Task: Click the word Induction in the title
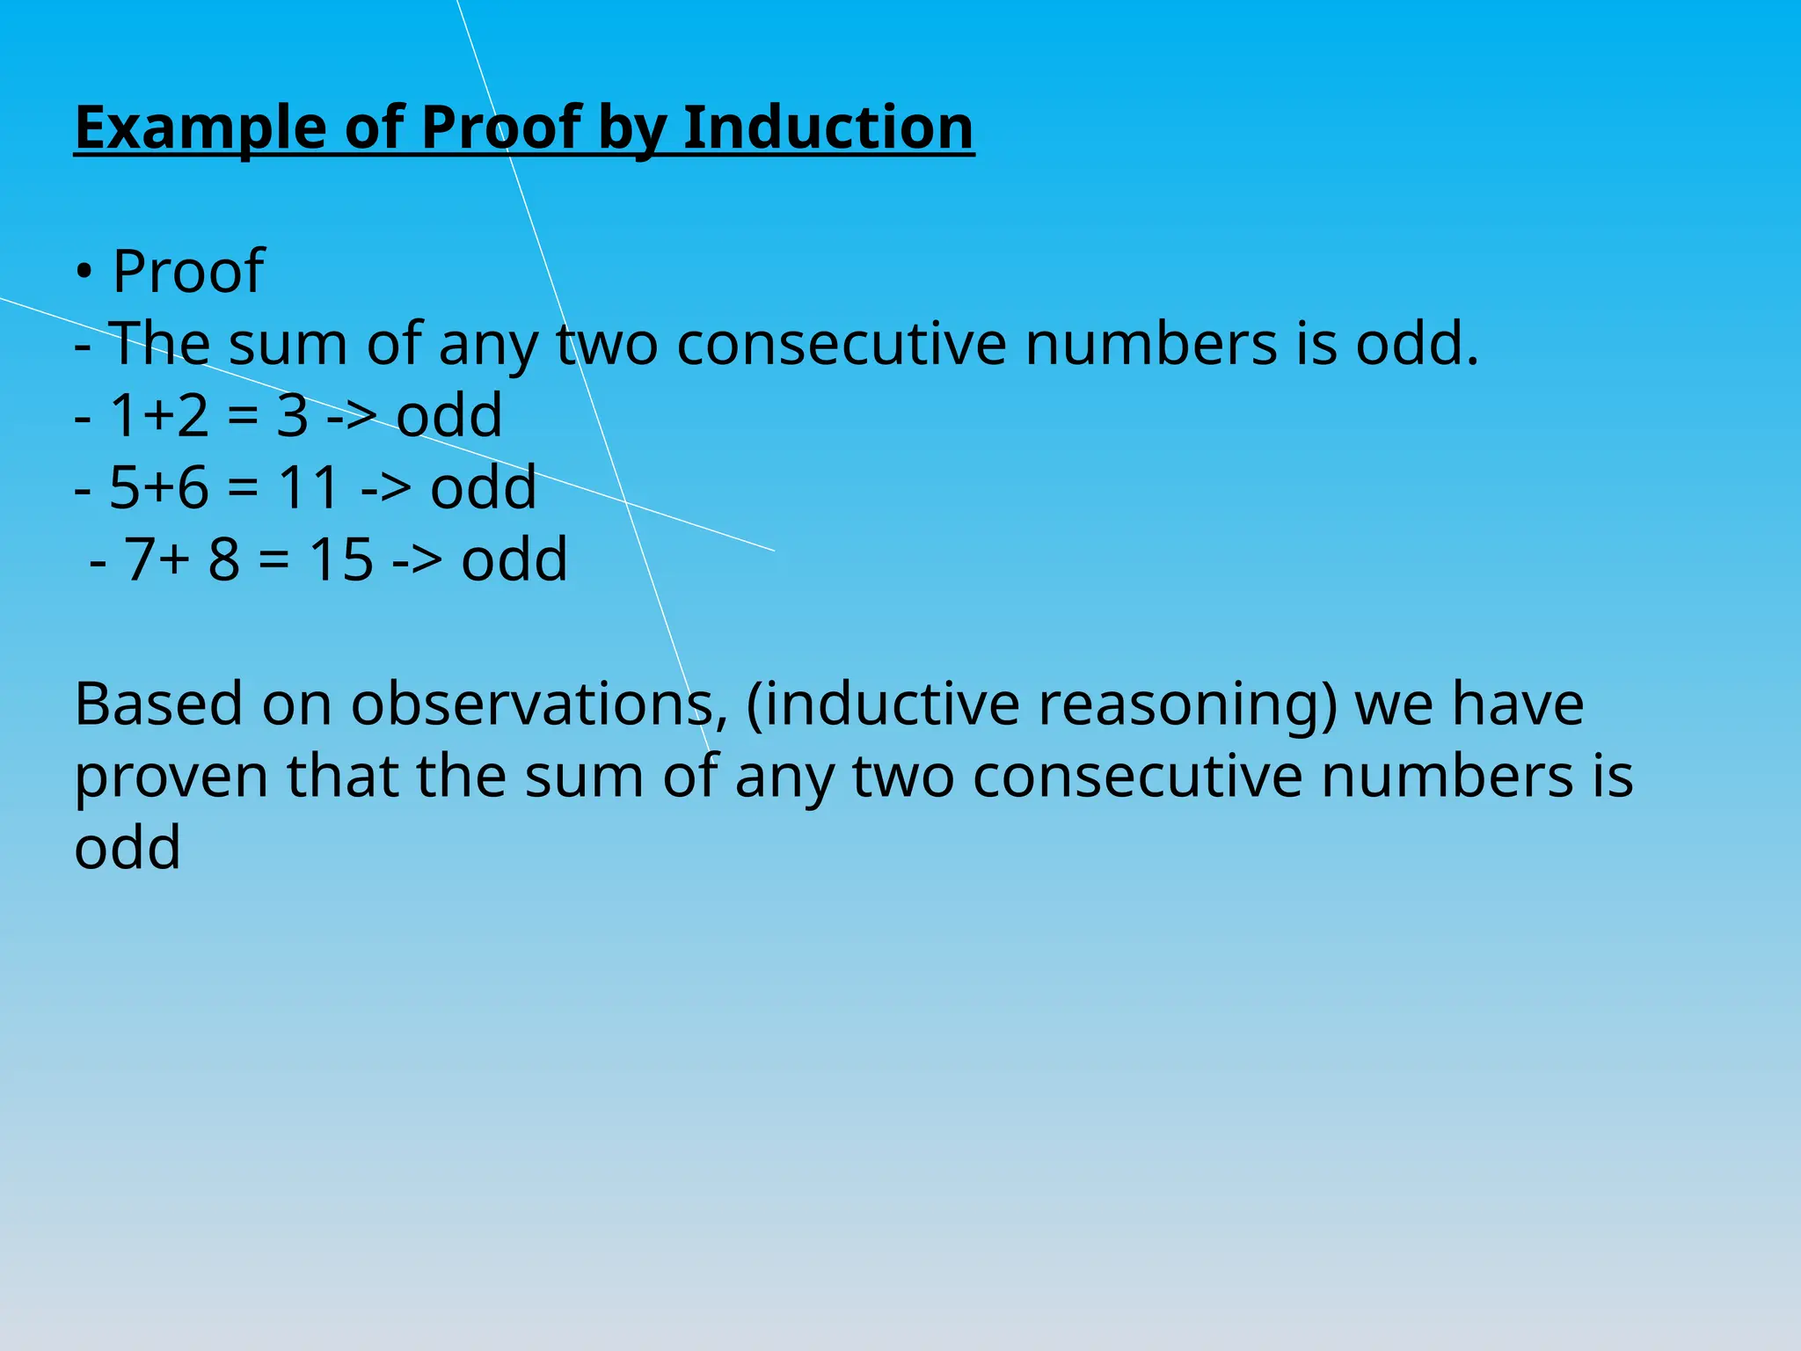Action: pyautogui.click(x=828, y=128)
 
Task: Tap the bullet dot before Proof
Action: pyautogui.click(x=84, y=273)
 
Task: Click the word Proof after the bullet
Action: pyautogui.click(x=188, y=271)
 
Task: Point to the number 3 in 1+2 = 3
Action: pyautogui.click(x=293, y=416)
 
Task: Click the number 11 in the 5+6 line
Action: pyautogui.click(x=309, y=488)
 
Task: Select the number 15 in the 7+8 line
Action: pyautogui.click(x=341, y=560)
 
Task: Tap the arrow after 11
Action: pyautogui.click(x=386, y=489)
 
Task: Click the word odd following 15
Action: pyautogui.click(x=514, y=560)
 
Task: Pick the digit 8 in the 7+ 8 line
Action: pyautogui.click(x=224, y=560)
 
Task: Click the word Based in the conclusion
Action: pyautogui.click(x=158, y=705)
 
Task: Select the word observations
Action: pyautogui.click(x=532, y=705)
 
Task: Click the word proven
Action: pyautogui.click(x=171, y=778)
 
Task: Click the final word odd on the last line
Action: pyautogui.click(x=128, y=848)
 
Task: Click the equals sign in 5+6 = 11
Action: pyautogui.click(x=243, y=489)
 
